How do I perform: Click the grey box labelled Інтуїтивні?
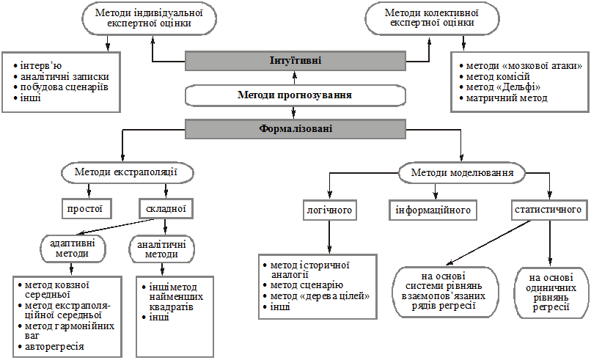[295, 61]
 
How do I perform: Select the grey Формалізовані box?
[295, 129]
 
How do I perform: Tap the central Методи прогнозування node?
[295, 95]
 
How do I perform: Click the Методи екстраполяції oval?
[127, 172]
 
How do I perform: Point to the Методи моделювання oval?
[462, 173]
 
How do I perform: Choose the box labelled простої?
[87, 209]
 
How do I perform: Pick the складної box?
[166, 209]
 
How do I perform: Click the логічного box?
[329, 210]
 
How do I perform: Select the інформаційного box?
[433, 210]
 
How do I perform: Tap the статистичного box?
[548, 210]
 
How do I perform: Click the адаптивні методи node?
[73, 249]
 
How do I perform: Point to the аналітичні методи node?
[162, 249]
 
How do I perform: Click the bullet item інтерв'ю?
[37, 66]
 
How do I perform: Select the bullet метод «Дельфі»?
[500, 87]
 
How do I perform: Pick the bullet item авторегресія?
[51, 346]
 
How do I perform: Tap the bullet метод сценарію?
[303, 285]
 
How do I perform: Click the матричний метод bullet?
[503, 98]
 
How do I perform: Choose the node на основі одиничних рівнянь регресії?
[551, 293]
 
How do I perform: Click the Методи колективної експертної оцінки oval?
[432, 18]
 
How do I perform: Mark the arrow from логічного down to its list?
[329, 237]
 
